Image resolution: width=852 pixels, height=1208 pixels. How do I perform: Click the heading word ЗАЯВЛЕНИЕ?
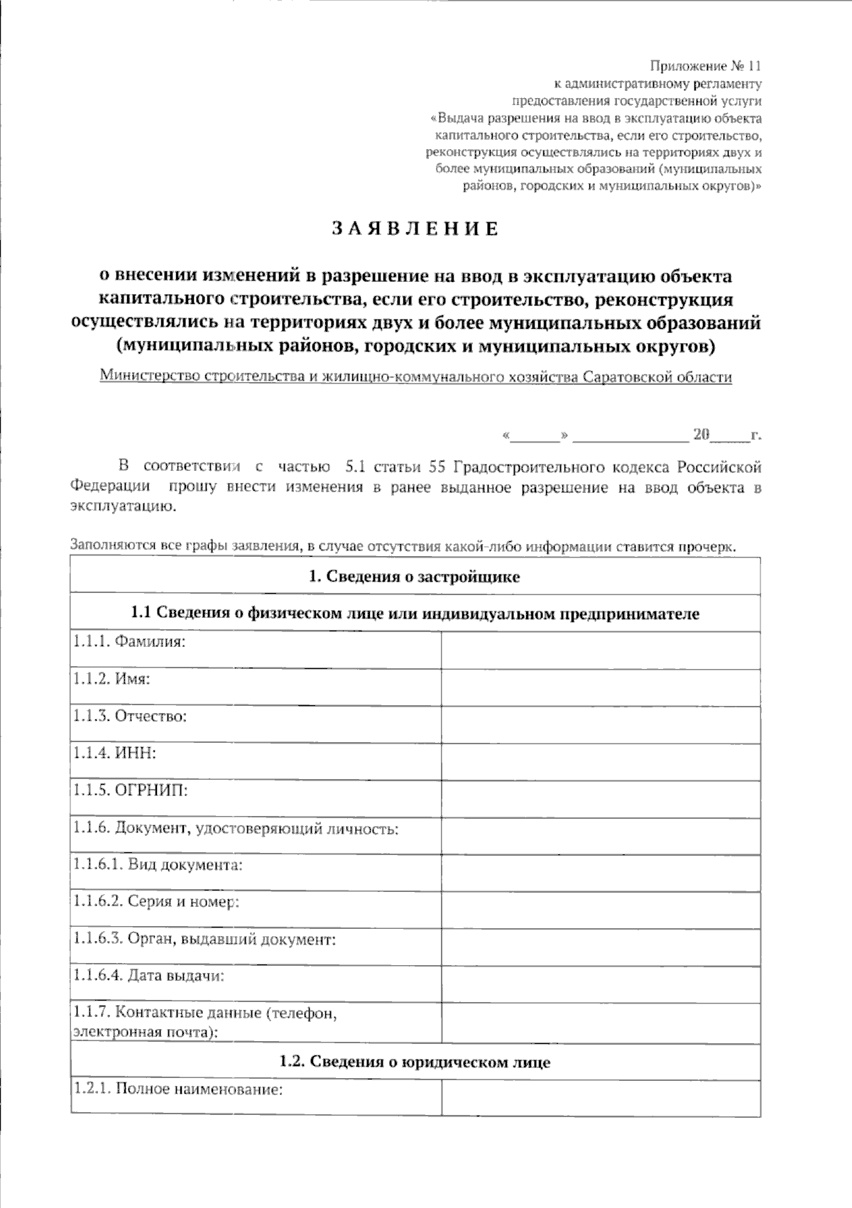[x=415, y=229]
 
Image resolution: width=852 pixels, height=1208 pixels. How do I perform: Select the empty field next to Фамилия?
[x=601, y=650]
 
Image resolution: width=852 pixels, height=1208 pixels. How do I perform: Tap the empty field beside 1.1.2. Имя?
[x=601, y=687]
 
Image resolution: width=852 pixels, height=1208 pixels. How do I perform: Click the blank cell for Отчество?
[x=601, y=724]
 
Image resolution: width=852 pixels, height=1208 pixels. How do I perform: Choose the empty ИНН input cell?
[x=601, y=761]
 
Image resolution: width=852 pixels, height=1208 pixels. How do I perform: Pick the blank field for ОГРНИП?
[x=601, y=798]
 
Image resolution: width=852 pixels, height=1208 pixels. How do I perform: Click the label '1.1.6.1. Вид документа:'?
[x=158, y=865]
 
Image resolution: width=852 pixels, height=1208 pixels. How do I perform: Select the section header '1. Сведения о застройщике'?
[x=415, y=577]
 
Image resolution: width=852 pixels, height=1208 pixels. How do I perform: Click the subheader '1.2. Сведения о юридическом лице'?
[x=415, y=1062]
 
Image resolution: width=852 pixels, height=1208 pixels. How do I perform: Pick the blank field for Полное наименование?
[x=601, y=1097]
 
